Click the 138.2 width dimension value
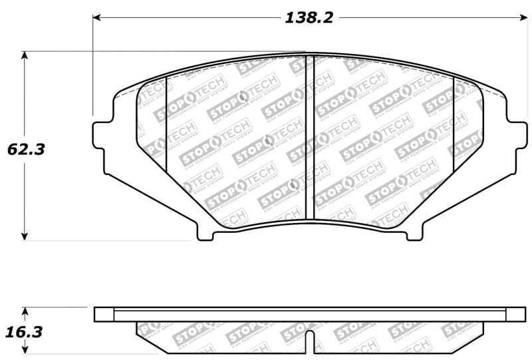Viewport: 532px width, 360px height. click(x=309, y=18)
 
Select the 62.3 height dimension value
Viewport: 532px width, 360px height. click(x=26, y=149)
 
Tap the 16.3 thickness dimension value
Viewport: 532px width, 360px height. click(x=26, y=331)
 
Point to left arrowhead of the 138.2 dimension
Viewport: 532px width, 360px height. click(x=97, y=18)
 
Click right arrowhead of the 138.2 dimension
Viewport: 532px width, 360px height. click(x=522, y=18)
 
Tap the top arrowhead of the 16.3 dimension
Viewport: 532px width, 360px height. click(x=25, y=311)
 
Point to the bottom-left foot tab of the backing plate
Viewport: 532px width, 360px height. click(x=205, y=232)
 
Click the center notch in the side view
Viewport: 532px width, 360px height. click(x=309, y=339)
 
